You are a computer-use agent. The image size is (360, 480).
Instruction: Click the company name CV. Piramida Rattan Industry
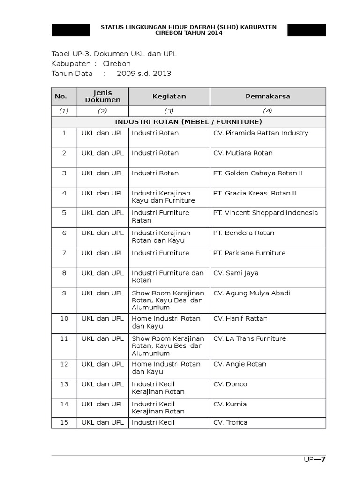pyautogui.click(x=261, y=133)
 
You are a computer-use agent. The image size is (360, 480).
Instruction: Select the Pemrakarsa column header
pyautogui.click(x=268, y=97)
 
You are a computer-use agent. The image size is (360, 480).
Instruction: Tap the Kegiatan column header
pyautogui.click(x=169, y=97)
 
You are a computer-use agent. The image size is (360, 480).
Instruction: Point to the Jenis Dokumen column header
pyautogui.click(x=103, y=97)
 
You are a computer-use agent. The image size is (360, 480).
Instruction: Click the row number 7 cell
pyautogui.click(x=64, y=253)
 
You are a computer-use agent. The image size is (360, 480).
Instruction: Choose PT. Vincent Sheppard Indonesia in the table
pyautogui.click(x=265, y=213)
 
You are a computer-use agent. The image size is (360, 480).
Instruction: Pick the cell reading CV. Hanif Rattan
pyautogui.click(x=240, y=319)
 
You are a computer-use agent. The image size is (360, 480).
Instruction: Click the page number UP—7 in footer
pyautogui.click(x=314, y=459)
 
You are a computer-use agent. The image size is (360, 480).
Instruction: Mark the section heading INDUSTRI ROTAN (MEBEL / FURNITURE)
pyautogui.click(x=188, y=122)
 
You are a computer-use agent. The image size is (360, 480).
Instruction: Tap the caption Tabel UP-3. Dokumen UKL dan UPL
pyautogui.click(x=114, y=54)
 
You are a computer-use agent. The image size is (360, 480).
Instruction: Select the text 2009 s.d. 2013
pyautogui.click(x=144, y=74)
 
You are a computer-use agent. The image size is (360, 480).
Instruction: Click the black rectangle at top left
pyautogui.click(x=71, y=30)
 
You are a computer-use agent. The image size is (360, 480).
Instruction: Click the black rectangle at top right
pyautogui.click(x=307, y=30)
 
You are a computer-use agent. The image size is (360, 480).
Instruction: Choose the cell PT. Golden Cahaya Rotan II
pyautogui.click(x=258, y=173)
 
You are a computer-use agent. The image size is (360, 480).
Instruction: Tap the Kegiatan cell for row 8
pyautogui.click(x=168, y=277)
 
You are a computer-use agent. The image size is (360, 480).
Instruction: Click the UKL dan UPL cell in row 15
pyautogui.click(x=103, y=423)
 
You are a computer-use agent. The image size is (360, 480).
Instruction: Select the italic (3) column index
pyautogui.click(x=169, y=111)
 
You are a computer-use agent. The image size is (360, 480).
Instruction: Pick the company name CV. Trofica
pyautogui.click(x=230, y=423)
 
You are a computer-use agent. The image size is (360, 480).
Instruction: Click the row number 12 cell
pyautogui.click(x=64, y=364)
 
